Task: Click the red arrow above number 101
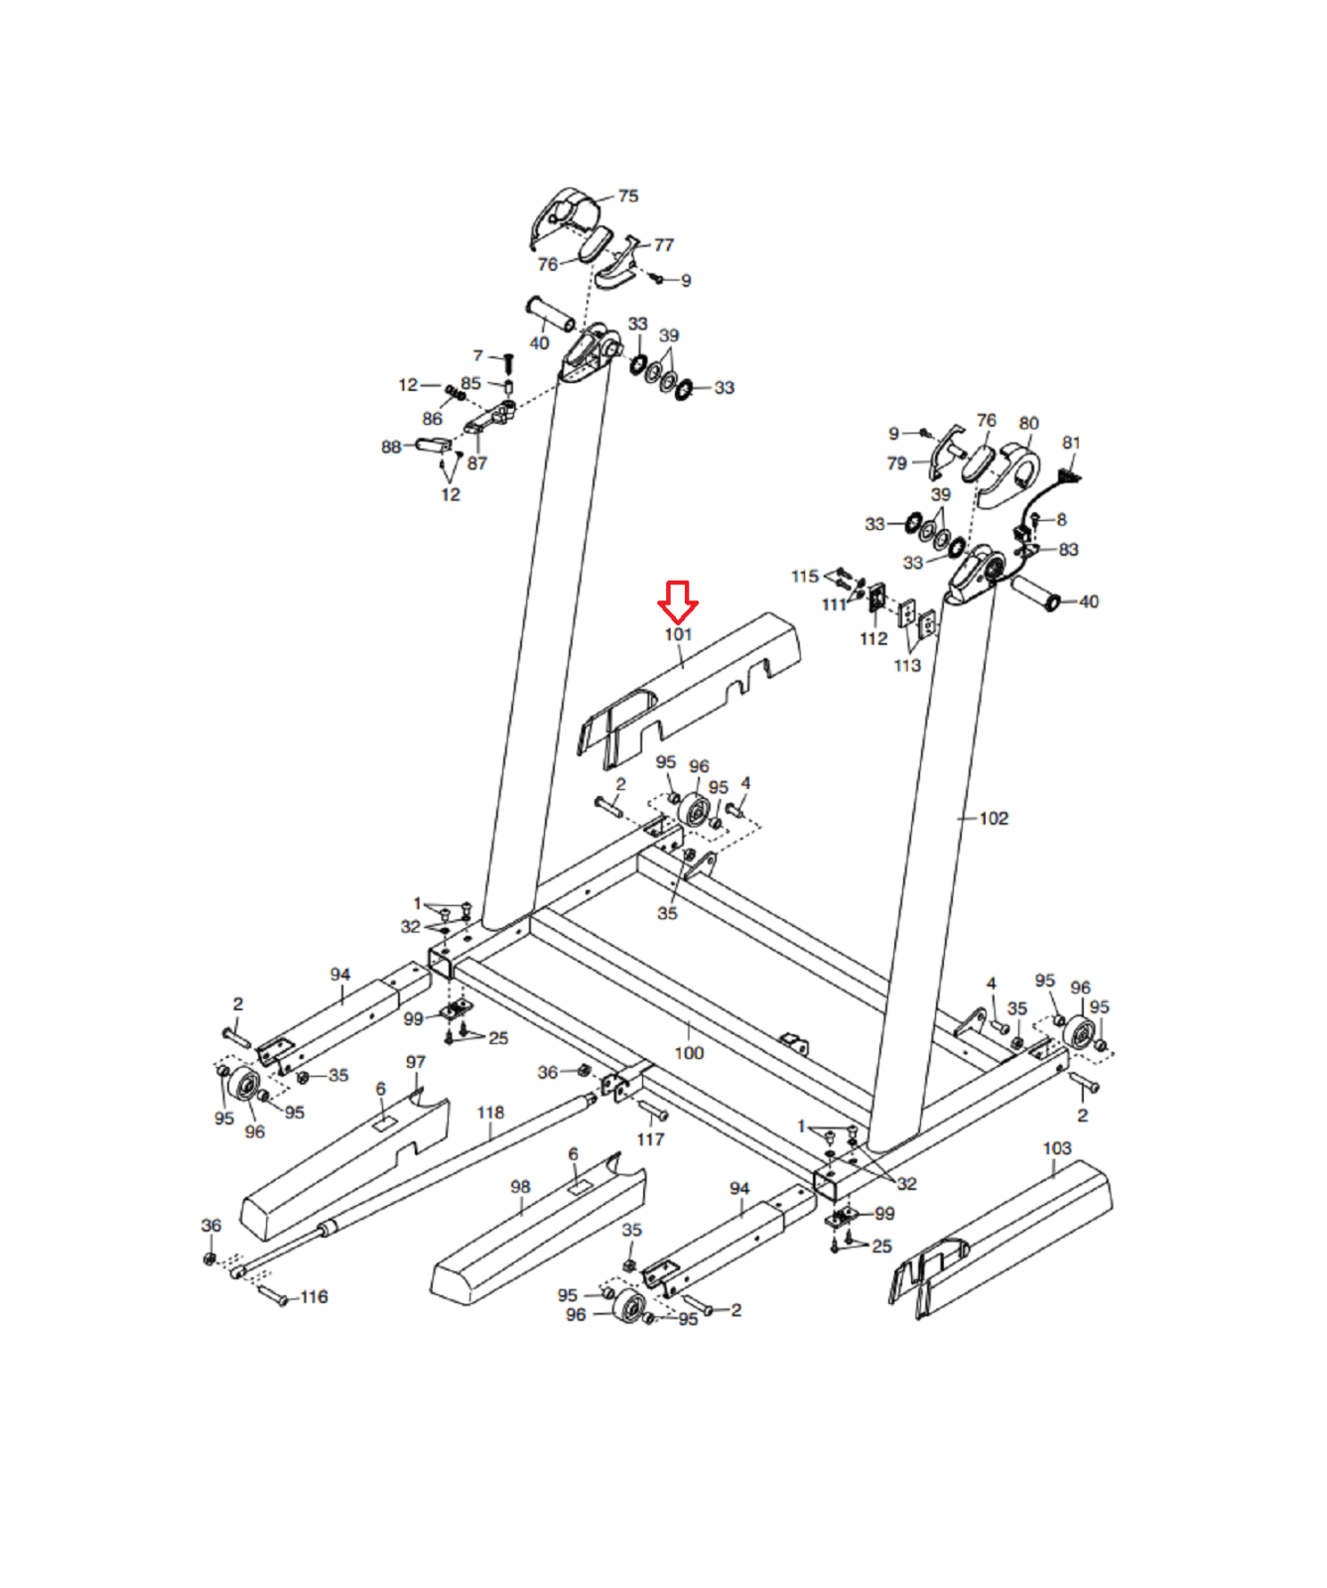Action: pos(678,601)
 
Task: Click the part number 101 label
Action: pos(678,634)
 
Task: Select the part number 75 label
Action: pos(628,197)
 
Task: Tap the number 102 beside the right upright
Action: pos(994,819)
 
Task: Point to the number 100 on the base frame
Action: pos(689,1053)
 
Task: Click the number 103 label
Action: pos(1057,1148)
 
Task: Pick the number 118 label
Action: pos(490,1113)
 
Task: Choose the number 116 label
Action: pos(314,1297)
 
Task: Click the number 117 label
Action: pos(650,1139)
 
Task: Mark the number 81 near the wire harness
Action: pos(1071,443)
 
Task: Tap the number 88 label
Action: pos(391,447)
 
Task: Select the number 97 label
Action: pos(416,1062)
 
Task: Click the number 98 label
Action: pos(520,1187)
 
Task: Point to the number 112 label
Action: pos(873,639)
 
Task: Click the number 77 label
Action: pos(664,245)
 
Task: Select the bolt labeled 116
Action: pos(272,1294)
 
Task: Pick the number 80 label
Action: pos(1029,424)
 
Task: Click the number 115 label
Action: pos(805,577)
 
